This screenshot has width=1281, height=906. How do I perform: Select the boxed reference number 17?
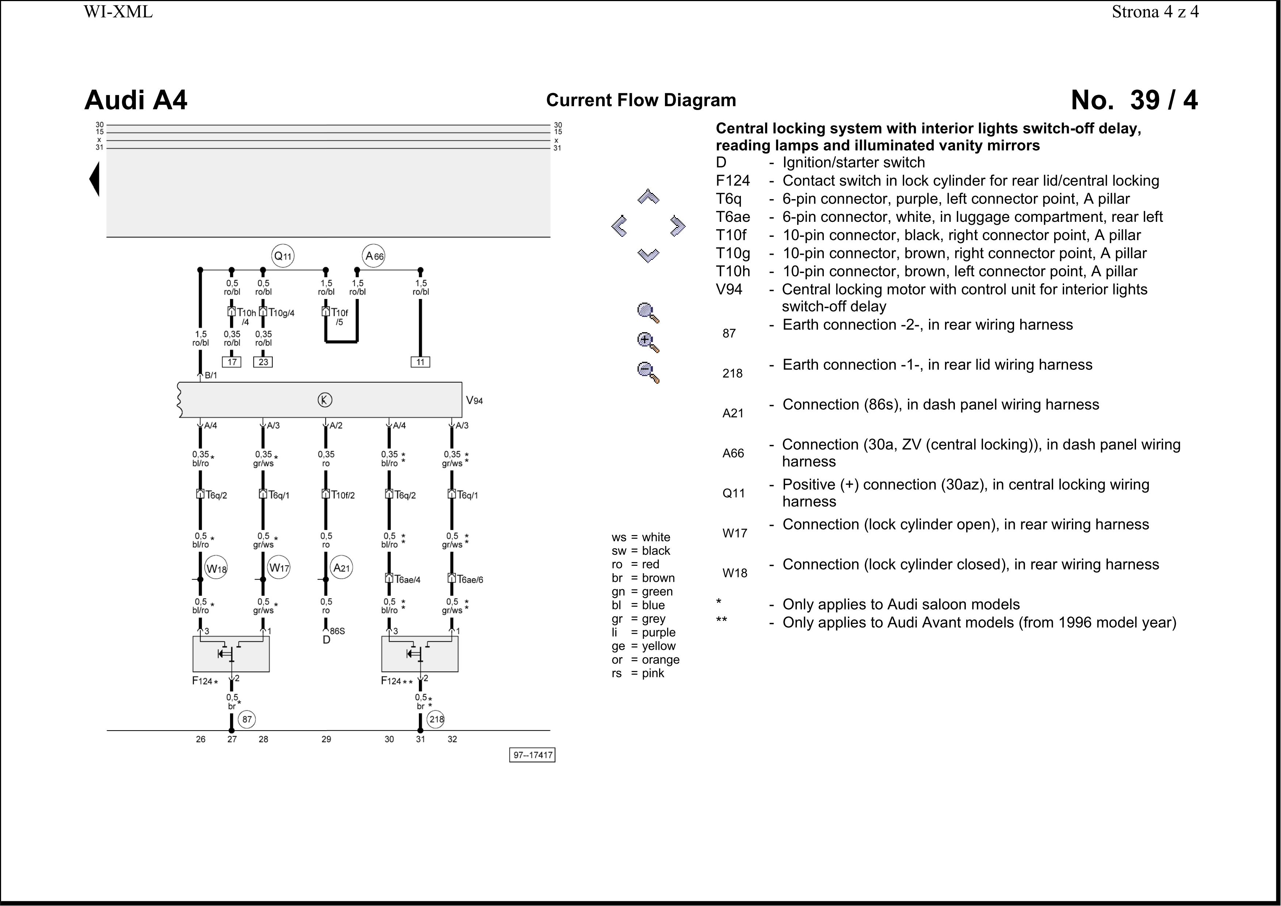pos(232,362)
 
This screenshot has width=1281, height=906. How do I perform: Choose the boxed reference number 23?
pos(263,362)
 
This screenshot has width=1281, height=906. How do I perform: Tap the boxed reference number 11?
pos(421,362)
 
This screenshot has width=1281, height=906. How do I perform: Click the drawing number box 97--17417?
pos(532,755)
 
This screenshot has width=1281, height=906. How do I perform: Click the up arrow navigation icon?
pos(648,197)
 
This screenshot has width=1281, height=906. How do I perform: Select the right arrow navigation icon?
pos(677,226)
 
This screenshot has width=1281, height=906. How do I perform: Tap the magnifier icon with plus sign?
pos(648,342)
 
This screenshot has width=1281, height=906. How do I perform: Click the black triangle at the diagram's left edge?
pos(95,179)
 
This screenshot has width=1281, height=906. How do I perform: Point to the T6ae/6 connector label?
pos(470,579)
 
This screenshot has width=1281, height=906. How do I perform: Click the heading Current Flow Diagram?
pos(641,100)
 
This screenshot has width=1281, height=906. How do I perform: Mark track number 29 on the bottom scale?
pos(326,739)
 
